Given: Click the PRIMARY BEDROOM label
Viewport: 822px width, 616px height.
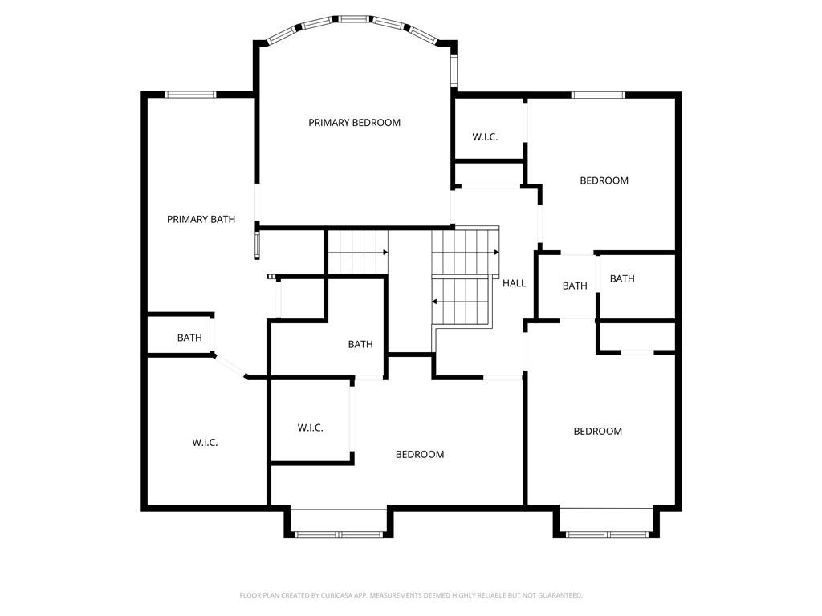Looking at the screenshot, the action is click(354, 123).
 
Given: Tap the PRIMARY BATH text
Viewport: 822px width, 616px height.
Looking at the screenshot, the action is click(201, 220).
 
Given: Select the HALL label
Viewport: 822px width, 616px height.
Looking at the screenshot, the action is click(514, 283).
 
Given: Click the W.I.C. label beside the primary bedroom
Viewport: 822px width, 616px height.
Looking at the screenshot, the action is click(485, 137).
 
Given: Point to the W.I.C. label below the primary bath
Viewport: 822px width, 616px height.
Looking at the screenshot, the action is click(205, 443).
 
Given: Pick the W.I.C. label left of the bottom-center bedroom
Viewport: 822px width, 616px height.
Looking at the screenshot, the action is click(311, 428).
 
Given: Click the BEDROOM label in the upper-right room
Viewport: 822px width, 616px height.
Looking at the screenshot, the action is click(604, 180).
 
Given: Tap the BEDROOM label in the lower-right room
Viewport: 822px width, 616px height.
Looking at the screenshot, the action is click(597, 431).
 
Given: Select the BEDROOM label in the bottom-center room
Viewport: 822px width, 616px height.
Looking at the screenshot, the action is click(419, 455).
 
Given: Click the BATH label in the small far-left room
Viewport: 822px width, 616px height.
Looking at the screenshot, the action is click(189, 338).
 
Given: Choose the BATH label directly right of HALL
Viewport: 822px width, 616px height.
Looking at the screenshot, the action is click(575, 286).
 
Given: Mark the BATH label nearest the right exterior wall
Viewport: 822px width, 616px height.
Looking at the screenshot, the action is click(622, 278).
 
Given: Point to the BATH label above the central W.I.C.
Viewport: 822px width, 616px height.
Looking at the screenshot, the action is click(360, 345).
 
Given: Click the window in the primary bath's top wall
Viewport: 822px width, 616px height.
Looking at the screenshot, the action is click(190, 95).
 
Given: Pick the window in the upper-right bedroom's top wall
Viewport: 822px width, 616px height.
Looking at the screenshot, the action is click(598, 95).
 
